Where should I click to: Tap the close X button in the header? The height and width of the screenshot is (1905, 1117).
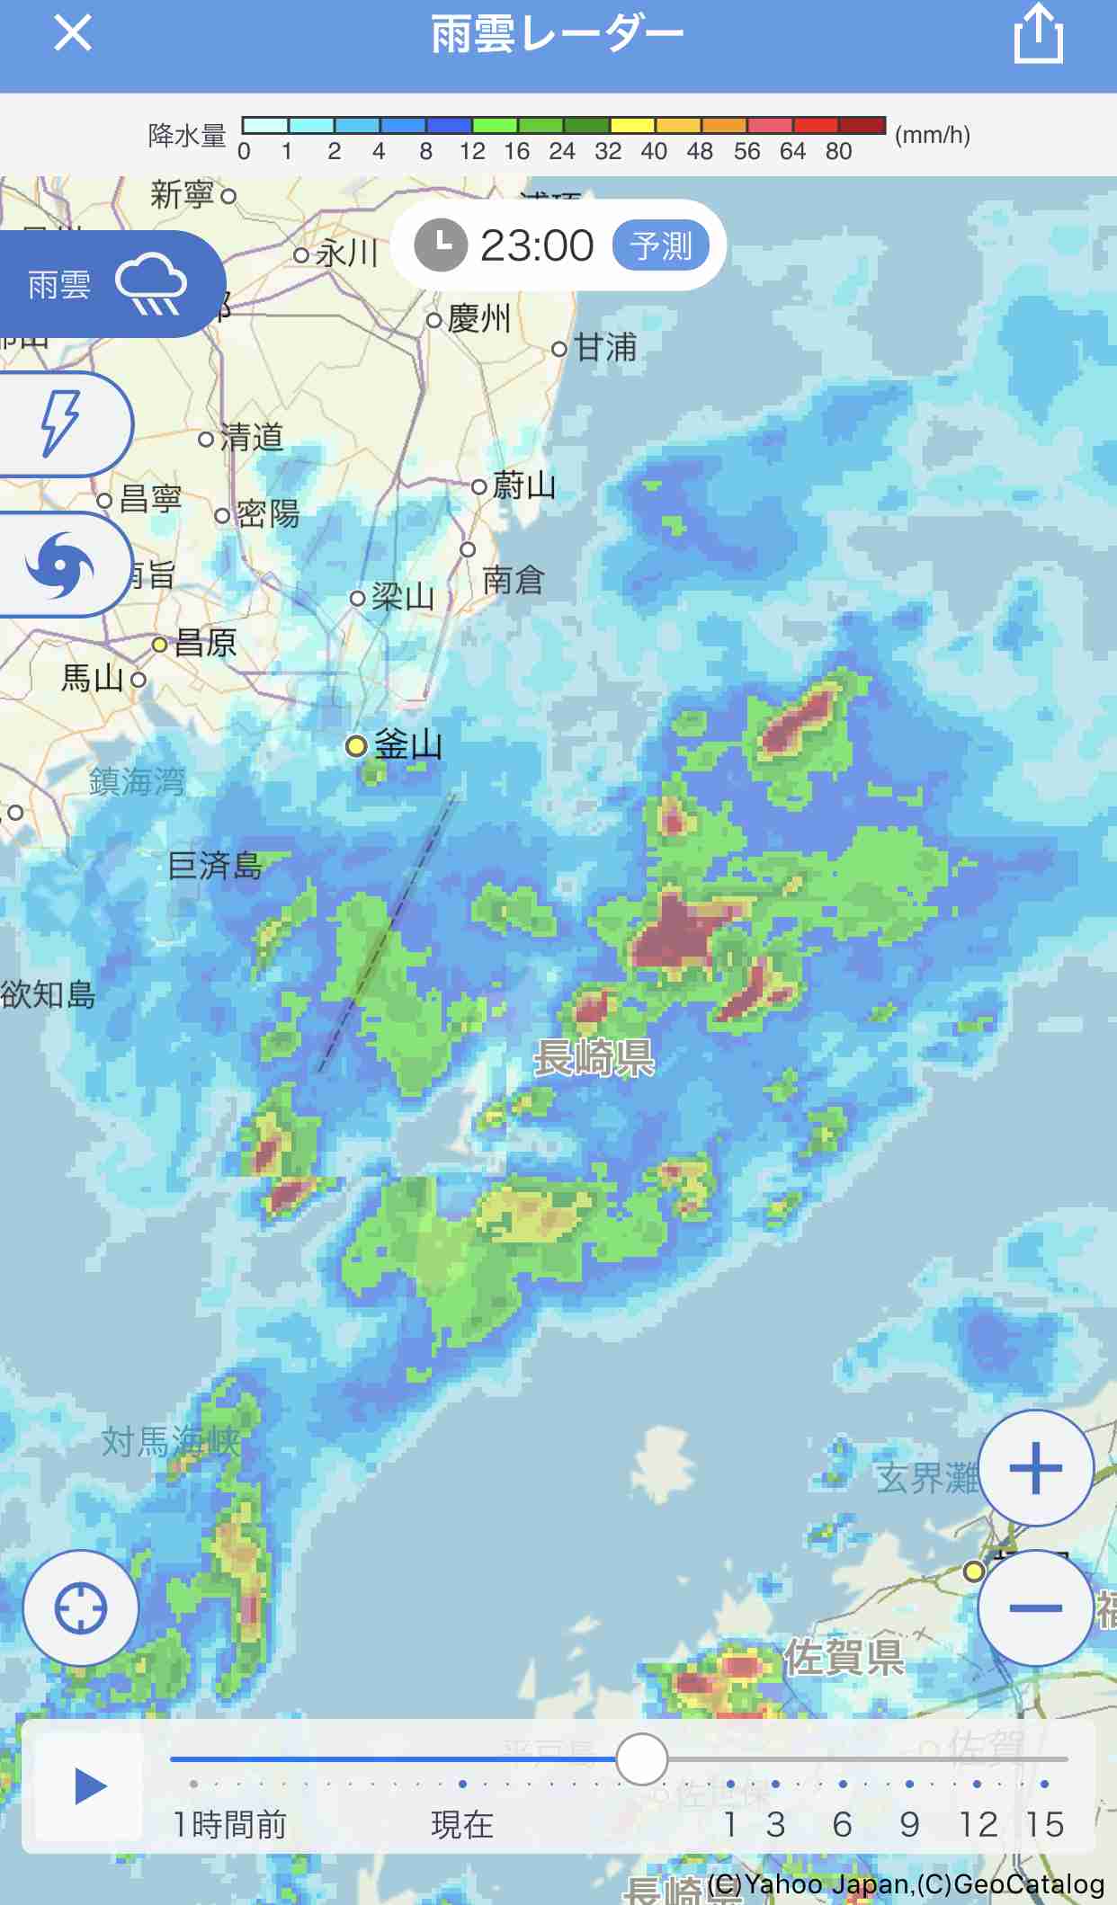click(x=73, y=34)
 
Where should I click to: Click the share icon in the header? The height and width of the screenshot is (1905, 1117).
click(x=1038, y=34)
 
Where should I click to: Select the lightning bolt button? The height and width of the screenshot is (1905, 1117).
click(x=61, y=423)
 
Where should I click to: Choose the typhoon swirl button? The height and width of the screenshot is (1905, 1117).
click(x=60, y=565)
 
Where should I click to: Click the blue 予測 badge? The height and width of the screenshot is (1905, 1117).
click(x=661, y=245)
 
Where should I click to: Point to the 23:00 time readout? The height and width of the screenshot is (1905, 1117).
click(x=537, y=245)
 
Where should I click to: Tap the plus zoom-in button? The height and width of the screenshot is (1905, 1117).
click(x=1035, y=1468)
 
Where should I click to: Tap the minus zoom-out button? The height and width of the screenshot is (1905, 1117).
click(x=1035, y=1607)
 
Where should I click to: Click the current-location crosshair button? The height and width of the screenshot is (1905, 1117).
click(x=81, y=1607)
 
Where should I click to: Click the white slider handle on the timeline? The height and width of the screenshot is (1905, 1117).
click(x=642, y=1758)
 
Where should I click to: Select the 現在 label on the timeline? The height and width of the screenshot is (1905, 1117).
click(x=462, y=1824)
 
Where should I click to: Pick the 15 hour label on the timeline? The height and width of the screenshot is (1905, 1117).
click(x=1044, y=1824)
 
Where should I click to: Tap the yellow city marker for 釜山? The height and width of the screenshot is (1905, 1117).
click(x=356, y=745)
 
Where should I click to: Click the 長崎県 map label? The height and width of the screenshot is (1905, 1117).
click(x=594, y=1057)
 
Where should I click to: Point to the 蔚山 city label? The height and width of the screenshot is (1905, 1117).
click(x=524, y=486)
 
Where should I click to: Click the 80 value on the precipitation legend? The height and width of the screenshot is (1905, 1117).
click(x=838, y=152)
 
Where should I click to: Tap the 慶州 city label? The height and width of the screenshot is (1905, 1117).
click(x=478, y=318)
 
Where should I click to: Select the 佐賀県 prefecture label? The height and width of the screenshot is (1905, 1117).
click(x=844, y=1657)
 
